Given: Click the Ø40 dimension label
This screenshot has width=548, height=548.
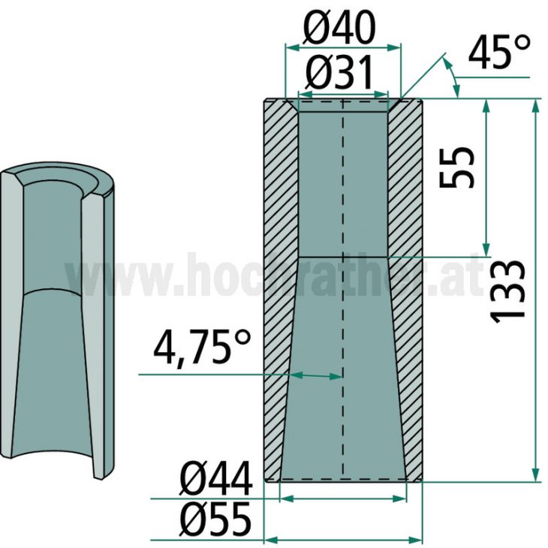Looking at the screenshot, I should (340, 29).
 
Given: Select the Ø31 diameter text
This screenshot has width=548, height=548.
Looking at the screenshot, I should (340, 74).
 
